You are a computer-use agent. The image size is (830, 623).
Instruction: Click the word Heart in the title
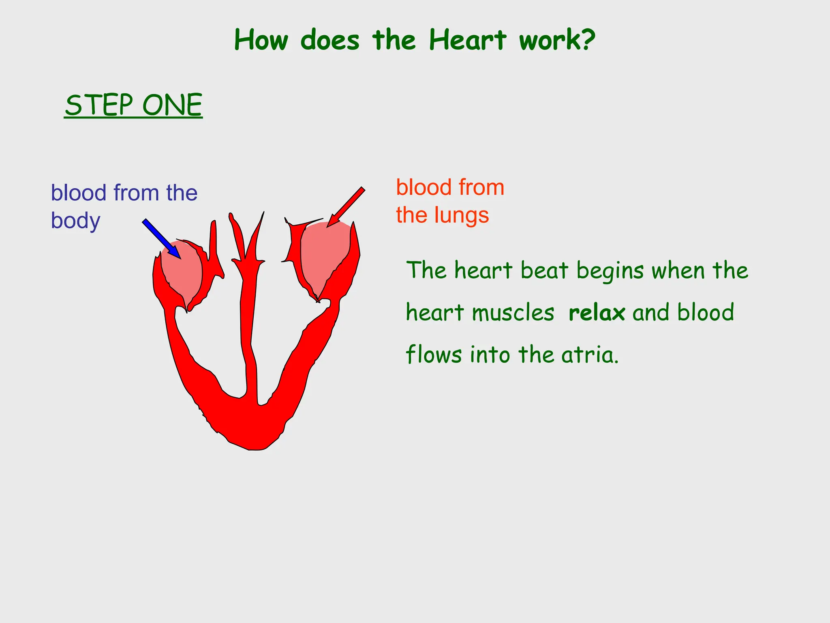[x=468, y=40]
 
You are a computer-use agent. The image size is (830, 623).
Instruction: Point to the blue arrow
[x=161, y=238]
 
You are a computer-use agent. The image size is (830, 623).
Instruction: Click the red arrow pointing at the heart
[x=346, y=207]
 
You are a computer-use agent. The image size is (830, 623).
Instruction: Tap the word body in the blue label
[x=75, y=221]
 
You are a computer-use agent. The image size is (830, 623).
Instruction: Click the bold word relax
[x=597, y=313]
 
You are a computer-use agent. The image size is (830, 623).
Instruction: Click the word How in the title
[x=261, y=40]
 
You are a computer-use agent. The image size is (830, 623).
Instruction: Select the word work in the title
[x=550, y=40]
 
